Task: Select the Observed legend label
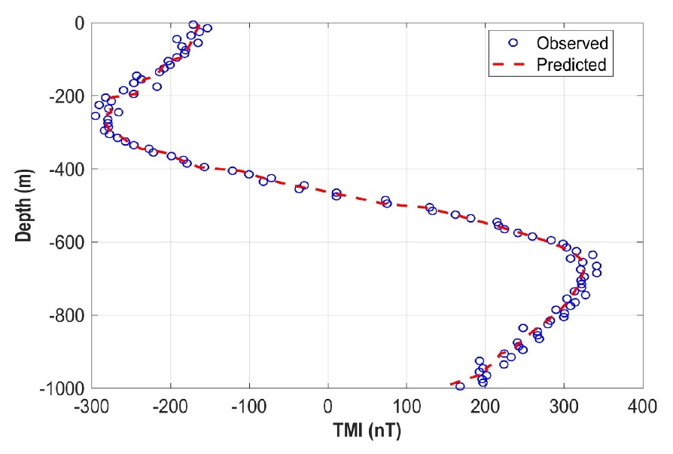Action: [571, 41]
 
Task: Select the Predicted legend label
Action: [571, 65]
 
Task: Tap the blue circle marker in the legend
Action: [513, 42]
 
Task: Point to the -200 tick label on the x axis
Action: [170, 407]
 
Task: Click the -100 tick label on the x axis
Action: [248, 407]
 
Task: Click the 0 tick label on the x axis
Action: [328, 407]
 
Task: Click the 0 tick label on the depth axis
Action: [78, 23]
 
